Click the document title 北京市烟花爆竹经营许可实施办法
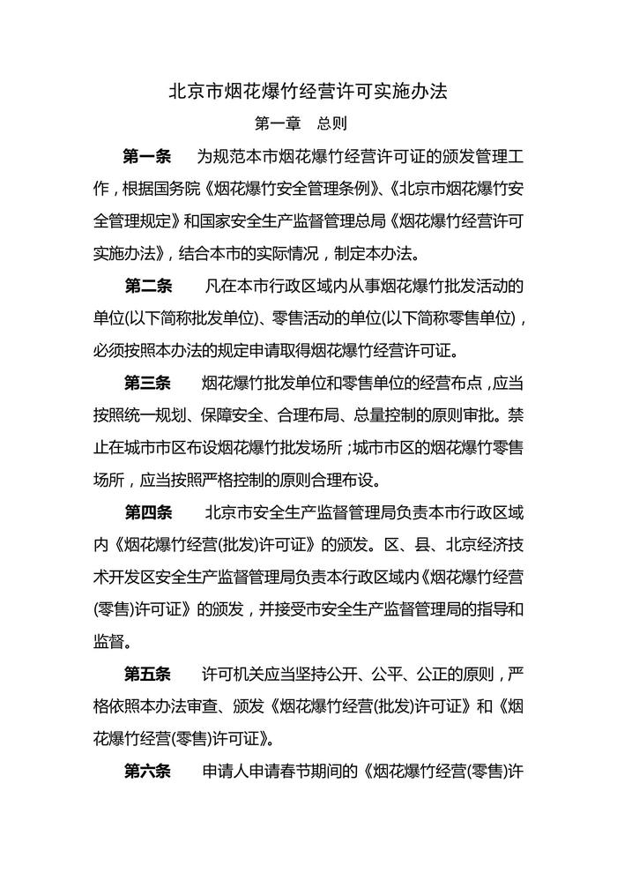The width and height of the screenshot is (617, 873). pos(308,91)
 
